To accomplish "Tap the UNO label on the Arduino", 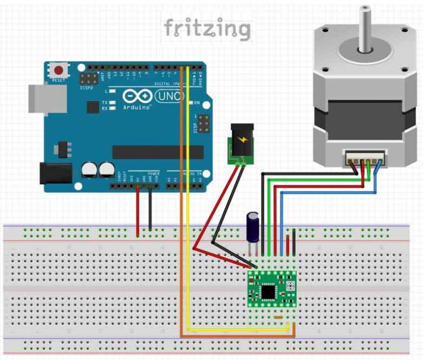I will (x=171, y=96).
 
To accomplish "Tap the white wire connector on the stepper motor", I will (x=364, y=159).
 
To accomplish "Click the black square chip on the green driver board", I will (x=269, y=290).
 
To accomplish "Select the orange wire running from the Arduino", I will (x=182, y=220).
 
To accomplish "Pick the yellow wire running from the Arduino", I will (x=188, y=220).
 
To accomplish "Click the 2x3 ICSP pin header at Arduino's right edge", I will (x=203, y=124).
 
